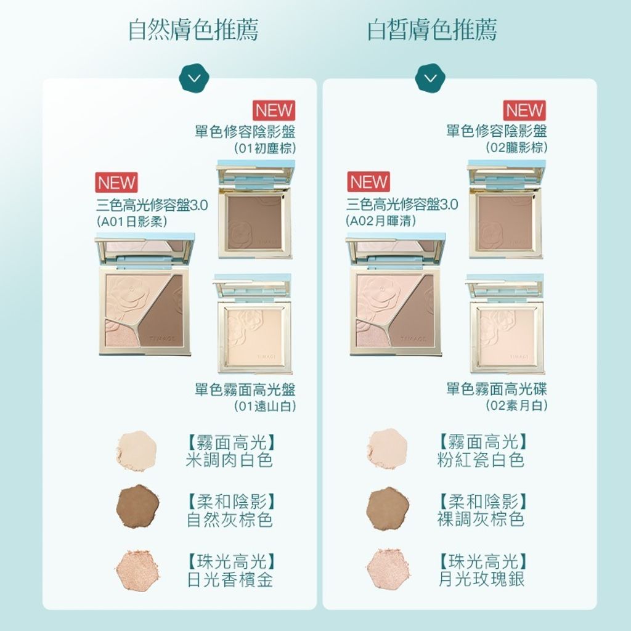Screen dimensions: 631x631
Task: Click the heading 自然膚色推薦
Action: [x=193, y=30]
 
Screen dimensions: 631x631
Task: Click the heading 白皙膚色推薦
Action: [x=432, y=30]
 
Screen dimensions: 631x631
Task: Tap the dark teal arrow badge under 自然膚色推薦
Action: [x=194, y=78]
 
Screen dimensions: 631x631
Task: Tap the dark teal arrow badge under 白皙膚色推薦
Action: [x=430, y=78]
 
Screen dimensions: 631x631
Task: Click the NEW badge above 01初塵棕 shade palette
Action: [x=274, y=110]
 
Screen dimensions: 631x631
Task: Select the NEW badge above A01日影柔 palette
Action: [x=116, y=182]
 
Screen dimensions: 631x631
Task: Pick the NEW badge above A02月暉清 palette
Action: [x=368, y=182]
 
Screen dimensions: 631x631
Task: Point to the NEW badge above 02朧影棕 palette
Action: [x=525, y=110]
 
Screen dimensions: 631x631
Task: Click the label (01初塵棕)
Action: [x=265, y=148]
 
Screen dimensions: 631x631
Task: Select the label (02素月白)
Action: [x=516, y=405]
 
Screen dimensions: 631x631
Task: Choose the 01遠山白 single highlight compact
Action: [x=253, y=325]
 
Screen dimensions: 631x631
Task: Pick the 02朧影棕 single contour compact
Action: [x=507, y=210]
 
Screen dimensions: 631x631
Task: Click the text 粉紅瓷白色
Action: [x=481, y=460]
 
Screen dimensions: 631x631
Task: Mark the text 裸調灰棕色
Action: [x=481, y=519]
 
